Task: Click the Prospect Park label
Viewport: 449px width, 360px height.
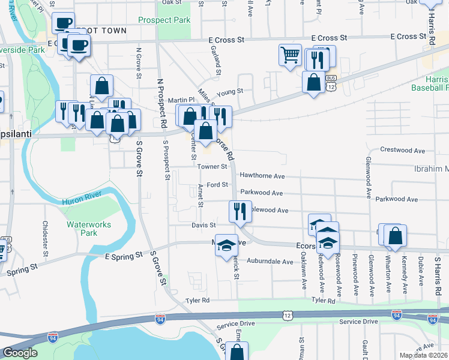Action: click(x=164, y=20)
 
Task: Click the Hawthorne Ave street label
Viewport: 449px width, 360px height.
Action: click(x=262, y=176)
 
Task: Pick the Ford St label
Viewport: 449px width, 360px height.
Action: click(x=217, y=185)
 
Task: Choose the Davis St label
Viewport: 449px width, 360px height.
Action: click(x=203, y=225)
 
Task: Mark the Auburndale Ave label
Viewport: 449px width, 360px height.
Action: click(x=270, y=262)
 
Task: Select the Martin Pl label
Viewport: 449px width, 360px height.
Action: click(x=181, y=100)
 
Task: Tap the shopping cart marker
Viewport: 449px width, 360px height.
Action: click(x=290, y=56)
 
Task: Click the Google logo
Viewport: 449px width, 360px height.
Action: click(x=20, y=353)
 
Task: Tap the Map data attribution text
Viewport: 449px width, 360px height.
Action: click(x=424, y=355)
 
